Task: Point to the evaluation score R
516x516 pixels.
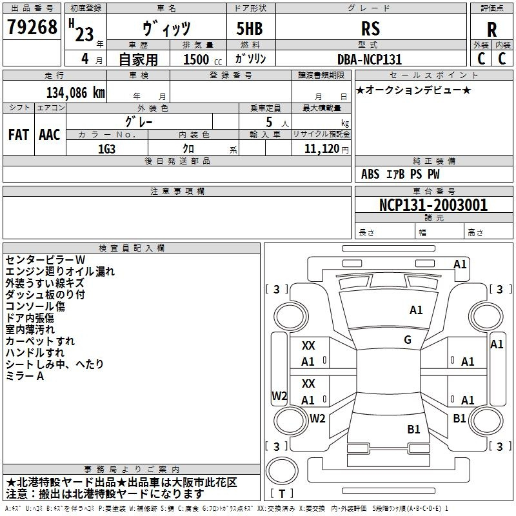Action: tap(492, 30)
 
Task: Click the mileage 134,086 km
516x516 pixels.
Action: tap(75, 92)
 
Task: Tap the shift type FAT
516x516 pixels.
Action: tap(18, 135)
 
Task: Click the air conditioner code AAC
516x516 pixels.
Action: tap(49, 135)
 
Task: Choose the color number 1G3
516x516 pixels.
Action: tap(106, 148)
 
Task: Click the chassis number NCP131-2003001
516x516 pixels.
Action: tap(433, 205)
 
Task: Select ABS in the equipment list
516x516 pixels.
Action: tap(370, 174)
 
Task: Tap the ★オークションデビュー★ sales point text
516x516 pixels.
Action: tap(413, 90)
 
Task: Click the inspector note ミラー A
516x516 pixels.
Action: tap(25, 376)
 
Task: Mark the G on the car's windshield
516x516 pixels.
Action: tap(408, 340)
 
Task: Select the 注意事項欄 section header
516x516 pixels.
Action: tap(177, 192)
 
